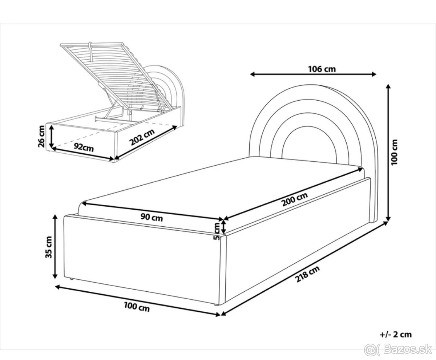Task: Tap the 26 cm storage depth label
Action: pos(41,136)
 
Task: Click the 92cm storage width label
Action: pos(84,147)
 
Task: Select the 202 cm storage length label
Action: pos(142,137)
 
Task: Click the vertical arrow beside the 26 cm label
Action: pos(51,136)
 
